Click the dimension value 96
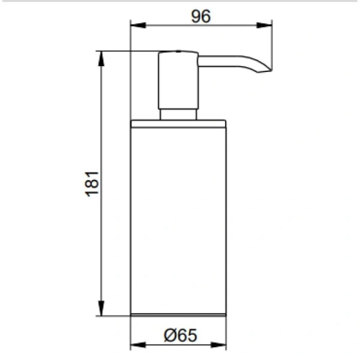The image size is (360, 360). pos(200,17)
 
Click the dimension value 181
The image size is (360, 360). pos(92,184)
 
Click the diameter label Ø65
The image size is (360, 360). pos(181,335)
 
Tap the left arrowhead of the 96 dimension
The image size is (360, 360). pos(138,25)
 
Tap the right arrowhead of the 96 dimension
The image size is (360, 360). pos(264,25)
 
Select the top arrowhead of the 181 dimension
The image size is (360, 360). pos(101,59)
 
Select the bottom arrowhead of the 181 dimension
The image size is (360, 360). pos(101,308)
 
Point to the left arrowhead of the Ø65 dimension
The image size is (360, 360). pos(138,344)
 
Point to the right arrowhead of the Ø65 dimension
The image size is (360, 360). pos(218,344)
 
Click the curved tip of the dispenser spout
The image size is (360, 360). pos(264,69)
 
